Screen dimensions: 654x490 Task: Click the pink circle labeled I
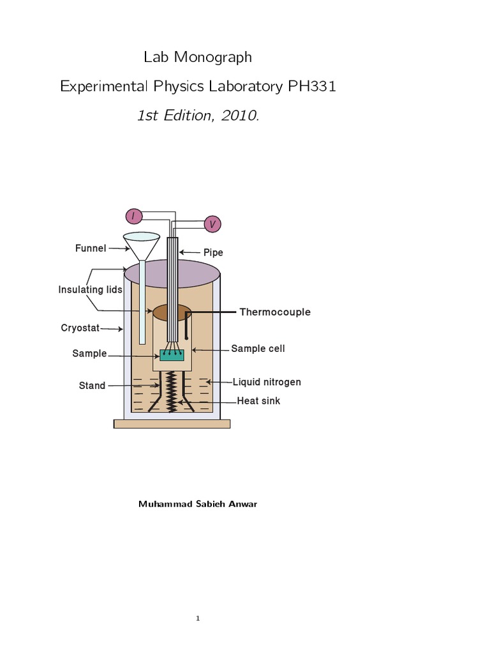134,217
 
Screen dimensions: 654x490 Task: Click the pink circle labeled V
212,224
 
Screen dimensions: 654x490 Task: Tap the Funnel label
91,248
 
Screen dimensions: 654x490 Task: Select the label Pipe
213,253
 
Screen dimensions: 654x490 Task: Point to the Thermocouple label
275,312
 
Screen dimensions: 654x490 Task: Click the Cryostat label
80,328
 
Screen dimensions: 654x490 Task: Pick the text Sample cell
258,349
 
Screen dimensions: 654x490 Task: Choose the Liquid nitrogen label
267,382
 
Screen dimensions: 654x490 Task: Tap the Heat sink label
258,401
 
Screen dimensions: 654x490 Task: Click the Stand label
92,386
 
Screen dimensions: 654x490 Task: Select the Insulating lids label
90,289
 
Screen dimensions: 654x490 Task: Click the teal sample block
172,355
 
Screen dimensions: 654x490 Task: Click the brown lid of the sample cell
172,312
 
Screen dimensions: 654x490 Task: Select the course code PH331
312,86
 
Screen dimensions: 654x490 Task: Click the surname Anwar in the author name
242,504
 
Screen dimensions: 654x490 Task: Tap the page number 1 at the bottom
198,618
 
